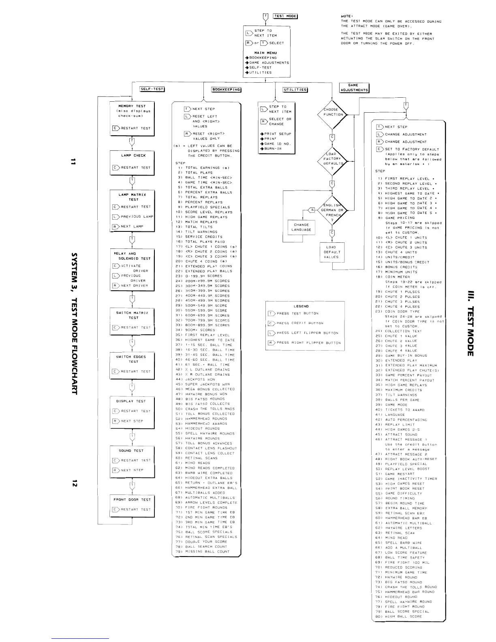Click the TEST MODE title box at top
tap(285, 16)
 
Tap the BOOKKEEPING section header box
tap(226, 90)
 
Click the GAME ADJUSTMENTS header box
tap(354, 88)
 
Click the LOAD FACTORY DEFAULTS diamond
tap(332, 159)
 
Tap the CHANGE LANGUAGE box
tap(301, 227)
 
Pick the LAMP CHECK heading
tap(133, 156)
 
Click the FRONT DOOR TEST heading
tap(132, 500)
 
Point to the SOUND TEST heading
tap(131, 451)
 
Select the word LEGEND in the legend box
tap(301, 306)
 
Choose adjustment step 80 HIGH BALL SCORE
tap(399, 616)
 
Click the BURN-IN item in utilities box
tap(273, 149)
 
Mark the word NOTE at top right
tap(346, 16)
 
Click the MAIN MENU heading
tap(265, 53)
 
